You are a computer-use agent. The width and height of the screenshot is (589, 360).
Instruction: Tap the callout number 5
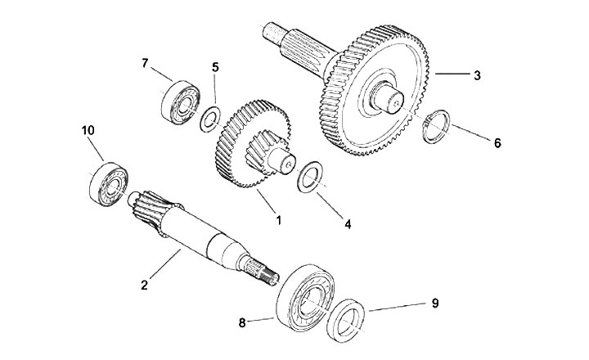[215, 68]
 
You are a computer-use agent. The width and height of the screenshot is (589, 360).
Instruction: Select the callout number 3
[476, 74]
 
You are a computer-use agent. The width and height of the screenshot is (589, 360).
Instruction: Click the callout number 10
[88, 132]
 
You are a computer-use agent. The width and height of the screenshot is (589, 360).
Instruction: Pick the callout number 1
[277, 220]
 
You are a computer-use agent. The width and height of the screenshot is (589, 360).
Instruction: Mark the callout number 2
[144, 285]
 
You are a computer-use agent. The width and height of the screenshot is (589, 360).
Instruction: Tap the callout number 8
[241, 322]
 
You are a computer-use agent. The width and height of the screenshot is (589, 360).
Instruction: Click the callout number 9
[435, 303]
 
